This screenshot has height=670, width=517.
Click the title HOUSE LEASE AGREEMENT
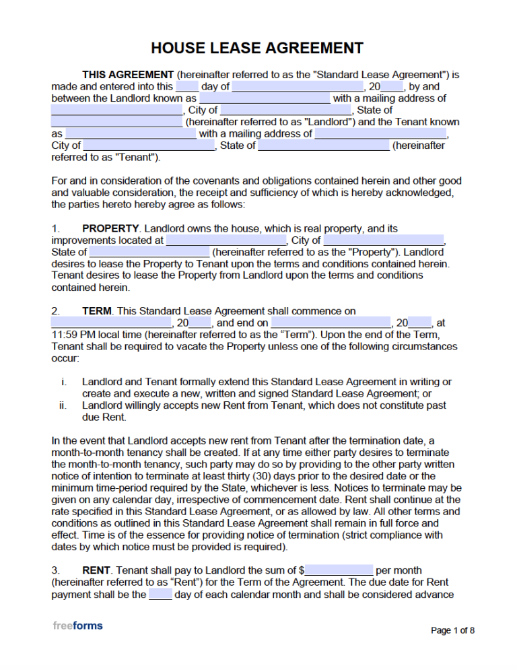[x=257, y=48]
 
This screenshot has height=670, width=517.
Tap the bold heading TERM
[x=96, y=311]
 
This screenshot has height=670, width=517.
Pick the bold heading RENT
[x=97, y=570]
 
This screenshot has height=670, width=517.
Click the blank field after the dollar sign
[x=339, y=570]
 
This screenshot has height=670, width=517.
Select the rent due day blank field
[x=160, y=595]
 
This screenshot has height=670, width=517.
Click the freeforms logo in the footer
[x=78, y=626]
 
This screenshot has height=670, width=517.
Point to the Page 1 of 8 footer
[x=452, y=631]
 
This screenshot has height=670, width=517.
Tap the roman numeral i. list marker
[x=64, y=382]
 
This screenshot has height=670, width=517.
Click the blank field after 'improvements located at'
[x=226, y=240]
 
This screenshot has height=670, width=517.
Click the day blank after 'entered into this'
[x=187, y=87]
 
